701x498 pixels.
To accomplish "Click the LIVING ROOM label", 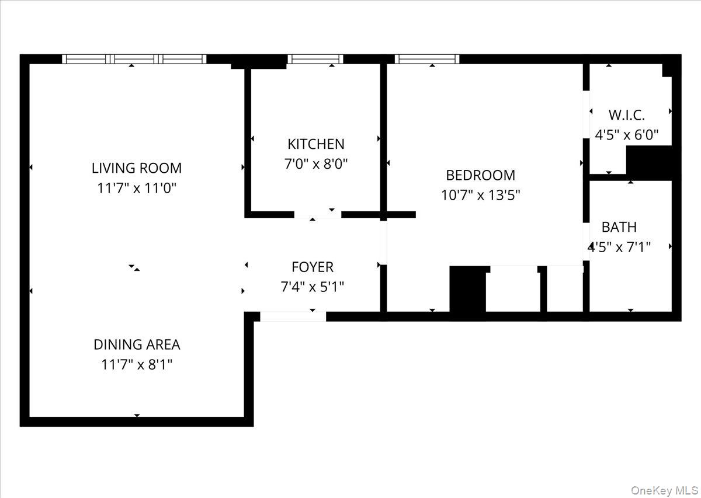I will pyautogui.click(x=137, y=168).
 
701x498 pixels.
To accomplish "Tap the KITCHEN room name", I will pyautogui.click(x=315, y=144).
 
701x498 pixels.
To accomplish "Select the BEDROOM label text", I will pyautogui.click(x=480, y=175).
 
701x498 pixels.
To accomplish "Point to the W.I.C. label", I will pyautogui.click(x=627, y=114).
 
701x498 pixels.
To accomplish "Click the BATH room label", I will pyautogui.click(x=619, y=227).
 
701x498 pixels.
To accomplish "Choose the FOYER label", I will pyautogui.click(x=313, y=267).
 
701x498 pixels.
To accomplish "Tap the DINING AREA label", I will pyautogui.click(x=137, y=344).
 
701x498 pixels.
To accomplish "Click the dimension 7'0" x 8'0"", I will pyautogui.click(x=315, y=164).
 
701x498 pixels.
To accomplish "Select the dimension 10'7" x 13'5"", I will pyautogui.click(x=480, y=195).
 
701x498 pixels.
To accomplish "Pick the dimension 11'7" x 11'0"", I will pyautogui.click(x=137, y=189).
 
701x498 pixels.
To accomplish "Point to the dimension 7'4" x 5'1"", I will pyautogui.click(x=313, y=287).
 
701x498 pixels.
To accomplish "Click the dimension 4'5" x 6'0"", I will pyautogui.click(x=627, y=135).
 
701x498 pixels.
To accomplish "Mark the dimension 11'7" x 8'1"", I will pyautogui.click(x=137, y=365).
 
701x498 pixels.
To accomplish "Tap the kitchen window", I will pyautogui.click(x=315, y=58).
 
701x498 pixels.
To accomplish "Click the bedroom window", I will pyautogui.click(x=427, y=58).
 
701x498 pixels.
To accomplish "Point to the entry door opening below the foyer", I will pyautogui.click(x=293, y=316).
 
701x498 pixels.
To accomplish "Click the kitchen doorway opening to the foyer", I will pyautogui.click(x=317, y=214).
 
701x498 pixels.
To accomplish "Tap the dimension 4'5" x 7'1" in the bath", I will pyautogui.click(x=620, y=247).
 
